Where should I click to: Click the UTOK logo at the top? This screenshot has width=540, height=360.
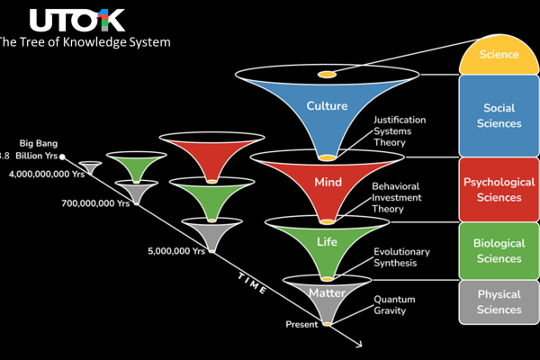click(76, 20)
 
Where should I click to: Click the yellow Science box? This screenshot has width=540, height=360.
click(499, 55)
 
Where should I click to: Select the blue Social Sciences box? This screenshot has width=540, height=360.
click(499, 115)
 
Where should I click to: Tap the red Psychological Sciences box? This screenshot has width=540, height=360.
click(499, 189)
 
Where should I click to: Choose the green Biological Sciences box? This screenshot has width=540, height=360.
click(499, 250)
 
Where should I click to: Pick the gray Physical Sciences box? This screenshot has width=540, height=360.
click(499, 302)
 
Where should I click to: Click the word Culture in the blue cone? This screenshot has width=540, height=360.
click(327, 105)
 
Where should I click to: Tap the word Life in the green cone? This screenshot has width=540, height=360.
click(327, 242)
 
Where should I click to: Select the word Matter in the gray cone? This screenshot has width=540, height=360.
click(327, 293)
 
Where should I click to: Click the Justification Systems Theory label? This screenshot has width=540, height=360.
click(400, 131)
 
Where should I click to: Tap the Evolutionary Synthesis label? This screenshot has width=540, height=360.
click(401, 257)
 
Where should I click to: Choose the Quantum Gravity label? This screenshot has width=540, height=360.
click(396, 305)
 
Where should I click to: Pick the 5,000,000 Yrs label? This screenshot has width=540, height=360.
click(176, 251)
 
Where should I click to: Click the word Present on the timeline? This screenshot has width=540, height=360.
click(302, 324)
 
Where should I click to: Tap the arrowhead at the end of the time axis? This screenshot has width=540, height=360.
click(359, 346)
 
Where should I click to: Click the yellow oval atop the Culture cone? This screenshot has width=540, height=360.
click(327, 73)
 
